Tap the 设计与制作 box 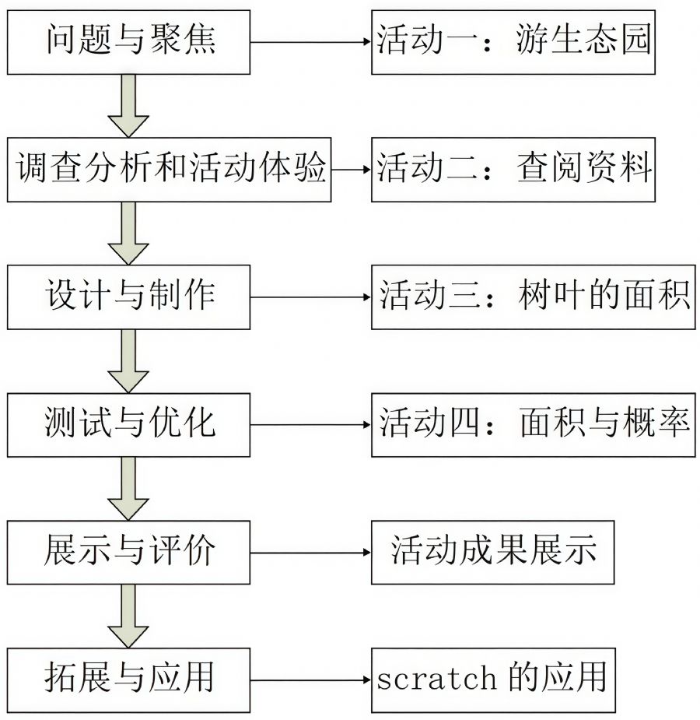pos(129,297)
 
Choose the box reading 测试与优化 pos(129,425)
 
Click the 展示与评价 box pos(129,553)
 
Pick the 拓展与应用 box pos(129,680)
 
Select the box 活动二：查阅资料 pos(513,169)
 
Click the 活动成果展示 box pos(493,553)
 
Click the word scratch pos(436,680)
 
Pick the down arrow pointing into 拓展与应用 pos(128,616)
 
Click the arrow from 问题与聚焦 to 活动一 pos(310,42)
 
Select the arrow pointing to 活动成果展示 pos(310,553)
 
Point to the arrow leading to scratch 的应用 pos(310,680)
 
